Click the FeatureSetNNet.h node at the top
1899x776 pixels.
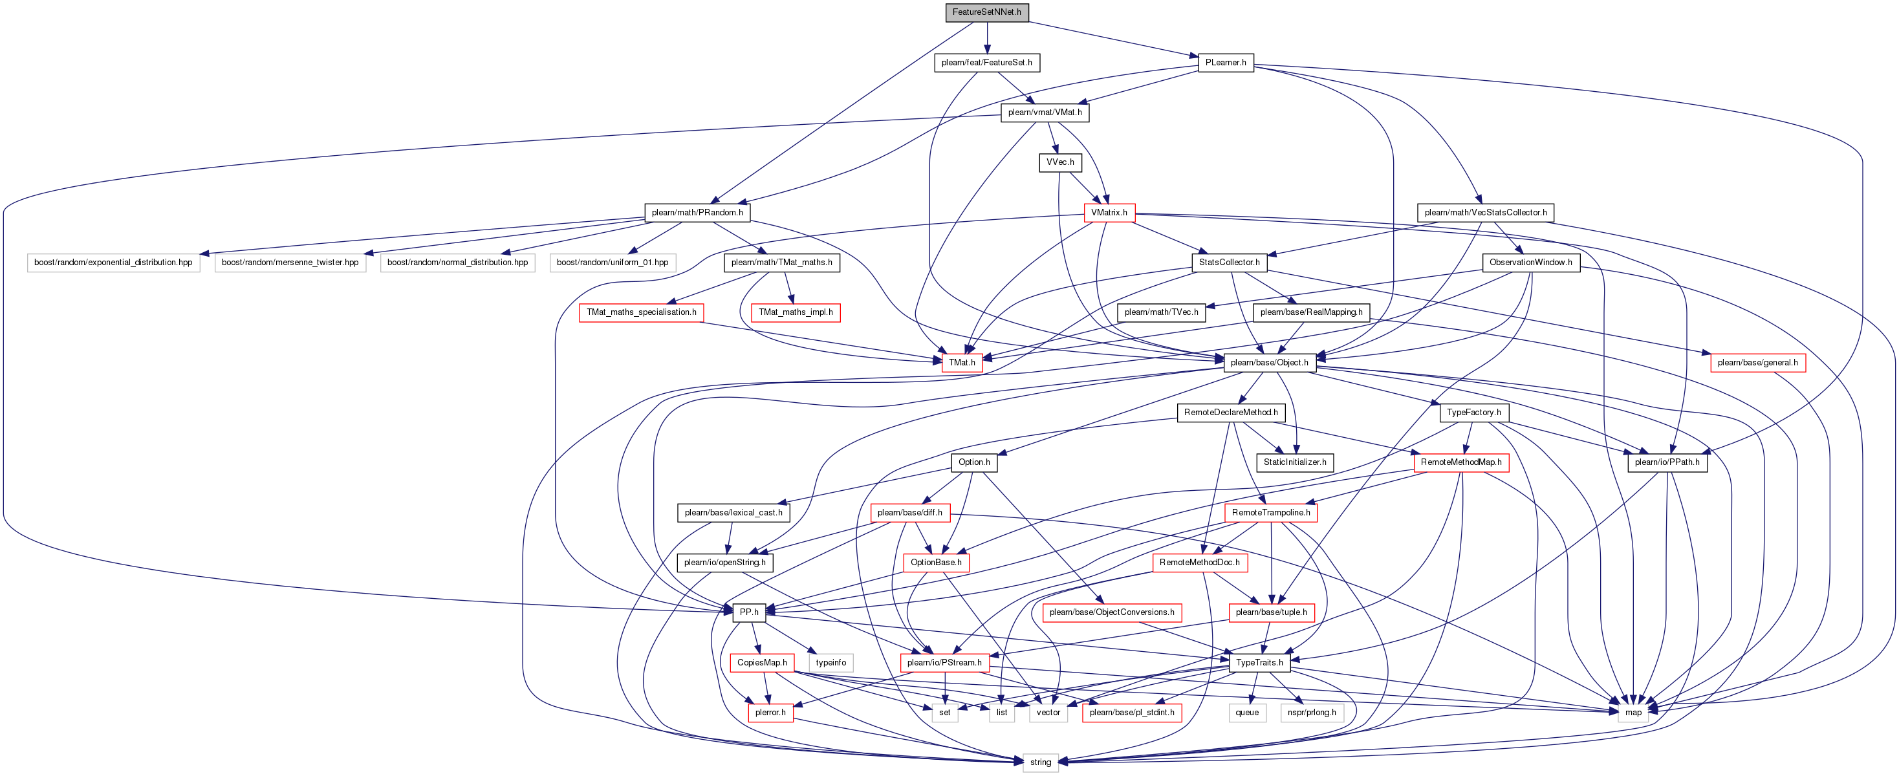[986, 12]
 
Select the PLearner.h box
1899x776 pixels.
[1225, 63]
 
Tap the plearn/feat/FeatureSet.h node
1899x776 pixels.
[986, 63]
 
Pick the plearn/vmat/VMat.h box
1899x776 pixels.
[1045, 113]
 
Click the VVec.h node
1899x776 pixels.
[1060, 162]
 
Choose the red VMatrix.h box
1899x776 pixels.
[1109, 212]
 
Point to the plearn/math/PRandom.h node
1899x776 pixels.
[697, 212]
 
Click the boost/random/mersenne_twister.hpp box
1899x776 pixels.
[290, 263]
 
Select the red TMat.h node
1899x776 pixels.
[961, 363]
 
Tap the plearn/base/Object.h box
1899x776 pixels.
[1269, 363]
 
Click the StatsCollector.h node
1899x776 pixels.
[1229, 263]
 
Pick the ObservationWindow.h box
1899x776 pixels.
[1530, 263]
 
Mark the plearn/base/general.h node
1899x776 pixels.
[1757, 363]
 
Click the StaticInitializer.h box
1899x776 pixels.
[1294, 463]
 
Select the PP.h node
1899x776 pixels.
[749, 612]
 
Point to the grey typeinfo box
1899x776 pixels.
[830, 663]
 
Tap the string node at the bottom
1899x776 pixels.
[1040, 762]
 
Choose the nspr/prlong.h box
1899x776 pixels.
[1312, 713]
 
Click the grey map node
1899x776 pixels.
[1634, 713]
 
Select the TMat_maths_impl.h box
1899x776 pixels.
[796, 312]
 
